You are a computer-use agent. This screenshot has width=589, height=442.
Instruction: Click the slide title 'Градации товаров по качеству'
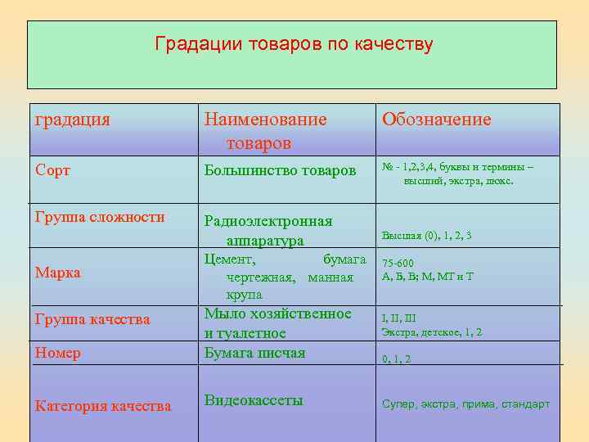pos(294,44)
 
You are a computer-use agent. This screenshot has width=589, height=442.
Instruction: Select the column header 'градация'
pos(73,120)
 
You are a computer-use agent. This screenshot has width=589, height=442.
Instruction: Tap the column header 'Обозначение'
pos(436,120)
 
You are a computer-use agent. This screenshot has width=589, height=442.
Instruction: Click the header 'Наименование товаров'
pos(265,131)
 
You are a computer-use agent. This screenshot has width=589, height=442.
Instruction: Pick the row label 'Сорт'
pos(52,170)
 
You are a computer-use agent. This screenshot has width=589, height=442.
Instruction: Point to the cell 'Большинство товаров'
pos(280,170)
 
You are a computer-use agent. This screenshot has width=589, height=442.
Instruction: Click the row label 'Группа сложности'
pos(100,217)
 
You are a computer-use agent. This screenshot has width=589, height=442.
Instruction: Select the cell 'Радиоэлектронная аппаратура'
pos(268,231)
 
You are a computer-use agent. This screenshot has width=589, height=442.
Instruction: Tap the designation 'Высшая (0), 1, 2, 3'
pos(426,236)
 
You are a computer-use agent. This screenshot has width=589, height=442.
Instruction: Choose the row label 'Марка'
pos(57,273)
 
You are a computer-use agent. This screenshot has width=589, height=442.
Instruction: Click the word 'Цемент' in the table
pos(230,259)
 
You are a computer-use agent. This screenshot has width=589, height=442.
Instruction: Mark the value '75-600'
pos(398,264)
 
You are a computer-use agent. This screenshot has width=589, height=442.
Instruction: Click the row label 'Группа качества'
pos(92,319)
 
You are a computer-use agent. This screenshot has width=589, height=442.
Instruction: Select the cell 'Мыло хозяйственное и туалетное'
pos(277,323)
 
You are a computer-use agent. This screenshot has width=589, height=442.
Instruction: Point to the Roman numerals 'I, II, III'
pos(398,318)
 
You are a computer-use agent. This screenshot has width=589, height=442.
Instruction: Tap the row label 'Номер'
pos(58,353)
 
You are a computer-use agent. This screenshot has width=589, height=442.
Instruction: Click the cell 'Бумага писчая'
pos(254,353)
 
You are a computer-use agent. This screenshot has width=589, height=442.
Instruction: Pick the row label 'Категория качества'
pos(103,406)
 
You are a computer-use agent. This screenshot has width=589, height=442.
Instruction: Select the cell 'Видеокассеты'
pos(254,400)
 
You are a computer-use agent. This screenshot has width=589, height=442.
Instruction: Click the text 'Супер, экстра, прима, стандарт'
pos(465,404)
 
